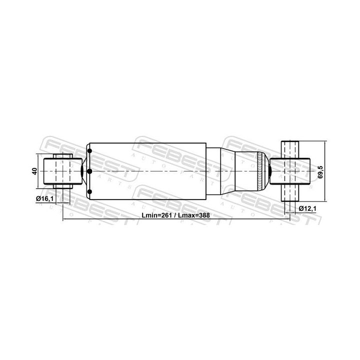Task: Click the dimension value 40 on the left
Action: click(x=34, y=171)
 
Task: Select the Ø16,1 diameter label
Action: click(x=45, y=199)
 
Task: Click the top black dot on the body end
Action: click(x=89, y=151)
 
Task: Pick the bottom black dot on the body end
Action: click(x=89, y=192)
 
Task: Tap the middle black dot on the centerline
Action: click(x=89, y=171)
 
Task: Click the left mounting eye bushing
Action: click(x=62, y=171)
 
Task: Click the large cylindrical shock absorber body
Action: click(x=147, y=171)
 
